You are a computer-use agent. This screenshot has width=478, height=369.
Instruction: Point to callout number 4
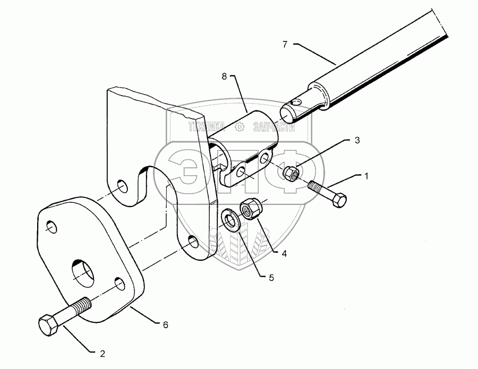coord(284,254)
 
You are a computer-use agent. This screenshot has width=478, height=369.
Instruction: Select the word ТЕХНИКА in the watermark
coord(206,126)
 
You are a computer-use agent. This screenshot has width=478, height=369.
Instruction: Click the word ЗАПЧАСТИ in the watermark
coord(275,126)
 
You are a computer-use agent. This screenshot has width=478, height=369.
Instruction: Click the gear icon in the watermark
coord(240,126)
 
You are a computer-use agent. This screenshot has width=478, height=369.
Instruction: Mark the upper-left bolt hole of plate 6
coord(51,227)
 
